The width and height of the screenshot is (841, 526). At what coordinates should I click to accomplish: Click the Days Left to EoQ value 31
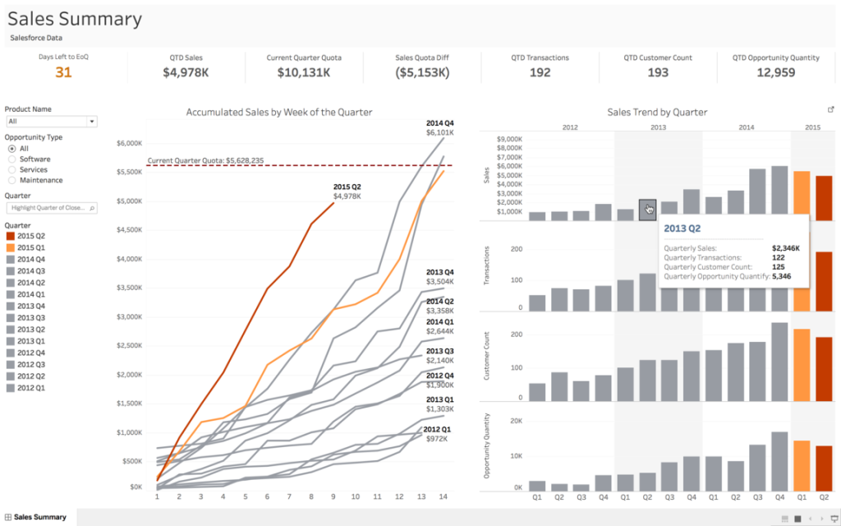pos(63,72)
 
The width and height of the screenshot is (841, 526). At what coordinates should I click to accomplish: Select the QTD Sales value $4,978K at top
pos(186,72)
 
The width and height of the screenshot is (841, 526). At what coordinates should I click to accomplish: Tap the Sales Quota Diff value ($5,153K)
pos(422,72)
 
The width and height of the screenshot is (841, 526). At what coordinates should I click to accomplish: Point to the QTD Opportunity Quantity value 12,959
pos(775,72)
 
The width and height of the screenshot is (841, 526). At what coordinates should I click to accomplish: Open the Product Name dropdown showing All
pos(51,121)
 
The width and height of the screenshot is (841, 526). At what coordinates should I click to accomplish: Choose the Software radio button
pos(12,159)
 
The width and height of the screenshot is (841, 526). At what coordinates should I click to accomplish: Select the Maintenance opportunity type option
pos(12,180)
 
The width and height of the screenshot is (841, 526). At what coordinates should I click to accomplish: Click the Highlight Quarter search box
pos(51,208)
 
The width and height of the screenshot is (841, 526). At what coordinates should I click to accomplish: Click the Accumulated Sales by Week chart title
pos(278,112)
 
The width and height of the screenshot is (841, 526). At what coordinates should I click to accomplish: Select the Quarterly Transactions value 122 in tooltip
pos(778,257)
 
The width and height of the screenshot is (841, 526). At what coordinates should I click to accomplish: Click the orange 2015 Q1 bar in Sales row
pos(802,196)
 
